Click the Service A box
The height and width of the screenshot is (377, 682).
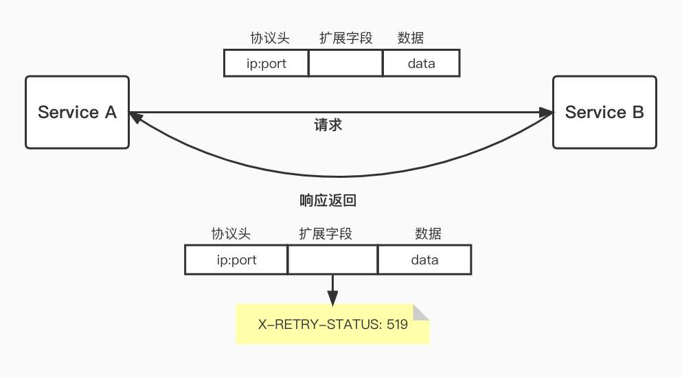click(77, 112)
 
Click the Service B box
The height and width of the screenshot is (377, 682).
click(604, 112)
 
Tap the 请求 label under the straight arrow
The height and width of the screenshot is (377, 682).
click(328, 126)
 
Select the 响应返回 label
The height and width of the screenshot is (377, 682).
click(328, 201)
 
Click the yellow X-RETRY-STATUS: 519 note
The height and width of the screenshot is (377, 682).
click(333, 323)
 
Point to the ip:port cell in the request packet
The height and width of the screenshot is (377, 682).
click(266, 63)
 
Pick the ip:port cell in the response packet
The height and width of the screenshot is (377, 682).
click(236, 260)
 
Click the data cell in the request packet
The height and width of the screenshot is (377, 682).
click(421, 63)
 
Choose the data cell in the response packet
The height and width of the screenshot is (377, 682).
click(424, 260)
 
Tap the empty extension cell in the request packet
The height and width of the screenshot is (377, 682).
click(345, 63)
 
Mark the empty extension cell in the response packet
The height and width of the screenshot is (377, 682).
click(332, 260)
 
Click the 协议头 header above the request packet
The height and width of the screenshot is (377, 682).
click(270, 38)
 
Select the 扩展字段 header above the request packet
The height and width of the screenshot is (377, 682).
click(346, 38)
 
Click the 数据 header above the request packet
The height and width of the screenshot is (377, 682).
click(411, 38)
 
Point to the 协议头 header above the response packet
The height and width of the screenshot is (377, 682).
click(231, 234)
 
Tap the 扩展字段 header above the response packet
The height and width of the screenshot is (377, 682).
click(326, 234)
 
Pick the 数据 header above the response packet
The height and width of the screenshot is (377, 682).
click(428, 234)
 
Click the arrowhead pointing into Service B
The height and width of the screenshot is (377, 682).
click(547, 112)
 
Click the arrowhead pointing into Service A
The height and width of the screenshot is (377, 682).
click(135, 117)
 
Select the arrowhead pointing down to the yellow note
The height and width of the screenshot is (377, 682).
click(332, 299)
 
